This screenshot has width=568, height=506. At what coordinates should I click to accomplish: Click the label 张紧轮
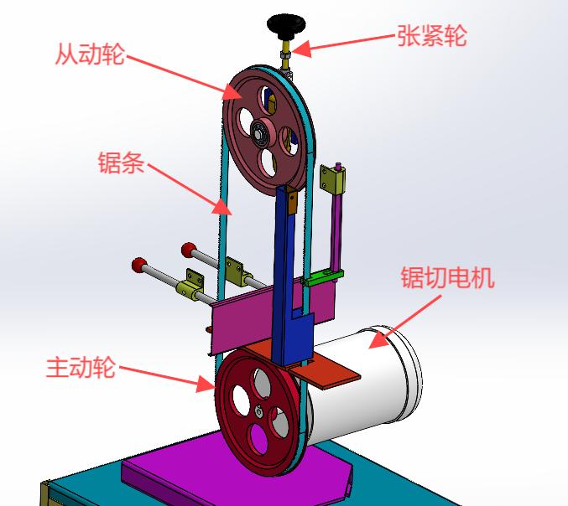coord(431,36)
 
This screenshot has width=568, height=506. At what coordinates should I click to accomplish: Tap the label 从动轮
coord(90,55)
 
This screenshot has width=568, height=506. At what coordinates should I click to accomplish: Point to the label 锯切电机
coord(447,277)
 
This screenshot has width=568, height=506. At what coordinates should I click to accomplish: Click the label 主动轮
coord(81,367)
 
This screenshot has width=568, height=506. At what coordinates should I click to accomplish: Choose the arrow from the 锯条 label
coord(190,188)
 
